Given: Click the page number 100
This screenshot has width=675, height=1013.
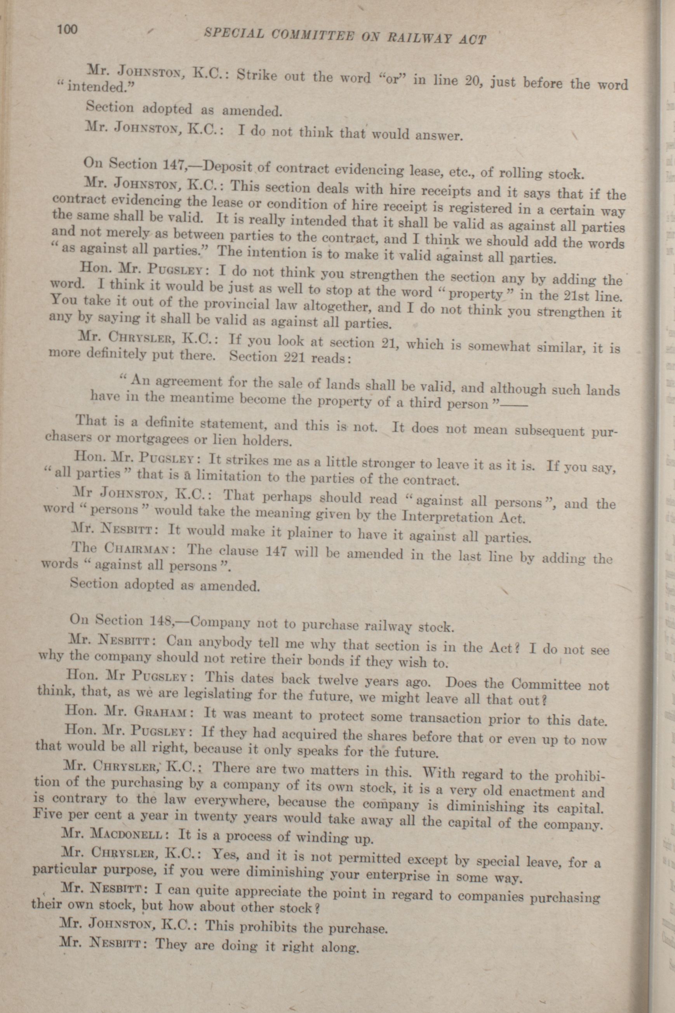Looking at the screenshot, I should click(67, 29).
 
